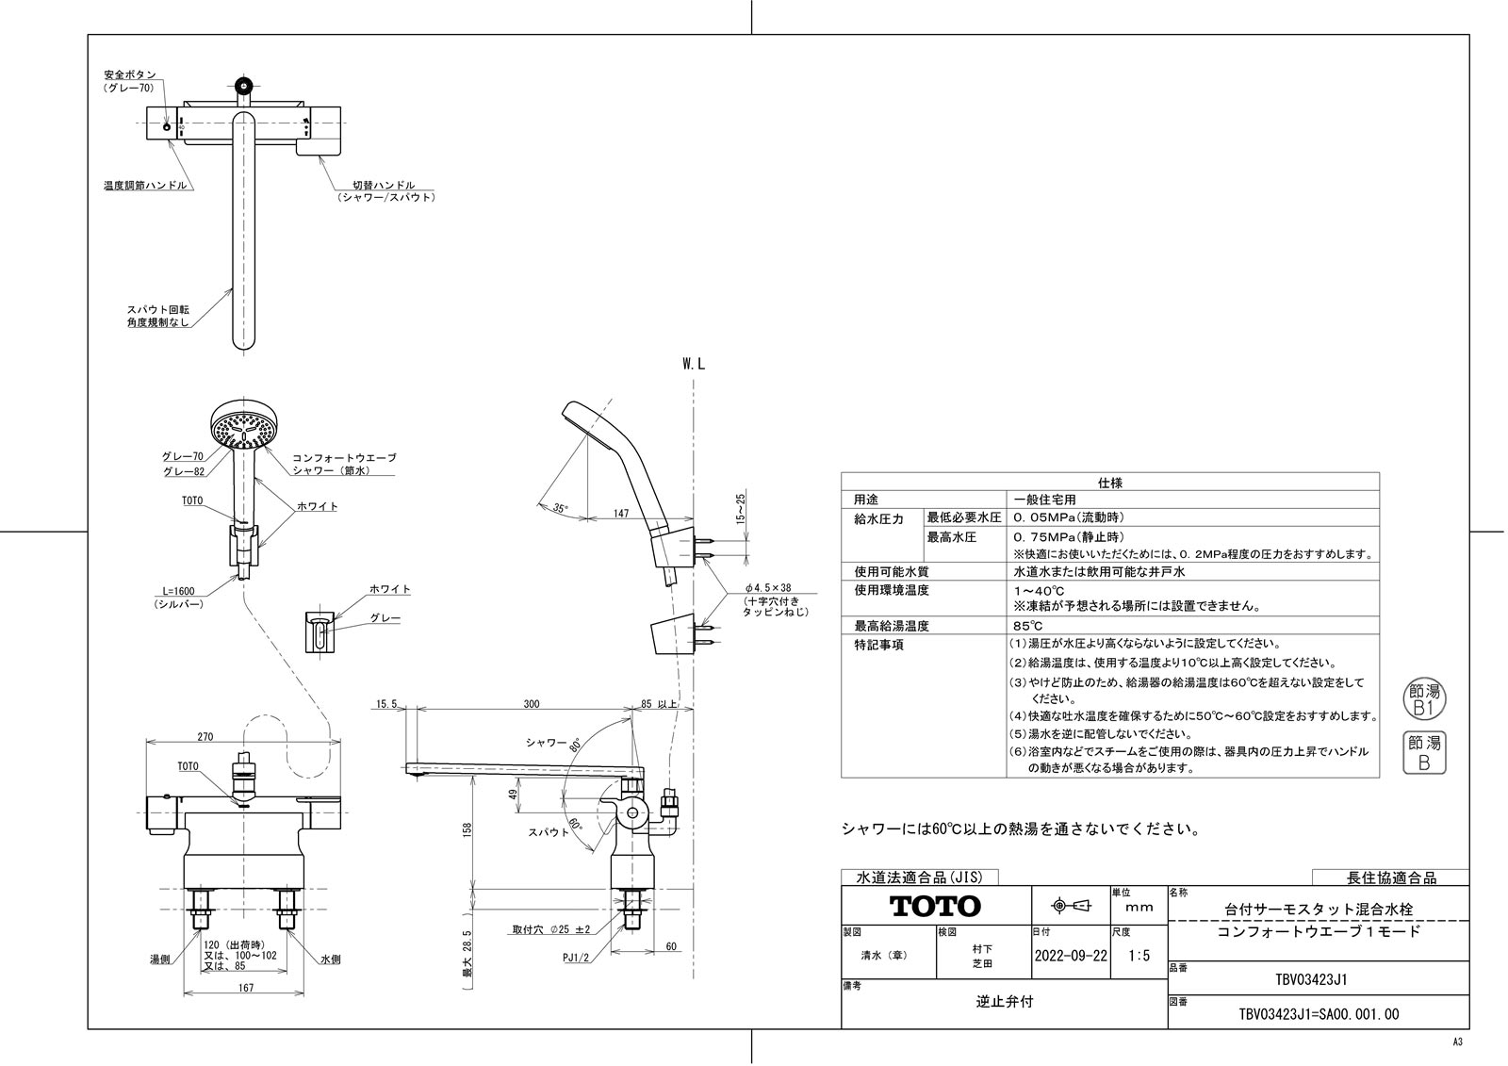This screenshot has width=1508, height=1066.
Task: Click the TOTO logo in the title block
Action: (x=936, y=906)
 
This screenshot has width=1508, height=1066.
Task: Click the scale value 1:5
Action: (x=1139, y=955)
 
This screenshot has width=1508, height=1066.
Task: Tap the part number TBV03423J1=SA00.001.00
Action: (x=1317, y=1014)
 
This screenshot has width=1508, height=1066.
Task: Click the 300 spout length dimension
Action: (x=533, y=704)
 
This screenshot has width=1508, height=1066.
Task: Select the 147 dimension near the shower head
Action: (x=620, y=513)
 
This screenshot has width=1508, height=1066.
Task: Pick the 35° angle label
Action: (x=561, y=508)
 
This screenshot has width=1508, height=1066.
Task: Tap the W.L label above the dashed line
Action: (x=694, y=364)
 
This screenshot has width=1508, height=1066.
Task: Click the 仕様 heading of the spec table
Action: (x=1110, y=482)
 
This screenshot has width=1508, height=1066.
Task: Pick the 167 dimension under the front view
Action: (x=245, y=987)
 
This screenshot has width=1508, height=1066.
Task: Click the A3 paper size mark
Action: (x=1457, y=1041)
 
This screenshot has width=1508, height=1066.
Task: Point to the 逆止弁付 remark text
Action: (x=1004, y=1002)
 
